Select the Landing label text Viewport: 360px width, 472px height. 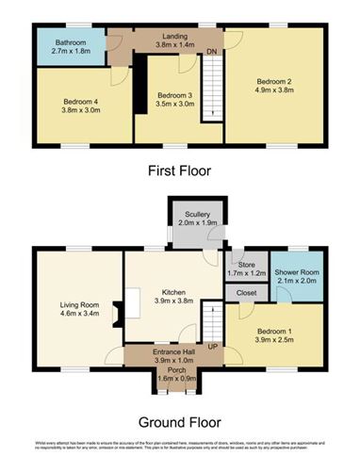pyautogui.click(x=167, y=32)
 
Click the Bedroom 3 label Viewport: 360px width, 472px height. pyautogui.click(x=175, y=95)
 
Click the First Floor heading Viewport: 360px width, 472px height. pyautogui.click(x=179, y=171)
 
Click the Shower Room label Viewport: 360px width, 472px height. pyautogui.click(x=296, y=264)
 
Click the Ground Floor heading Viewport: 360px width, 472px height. pyautogui.click(x=179, y=420)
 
